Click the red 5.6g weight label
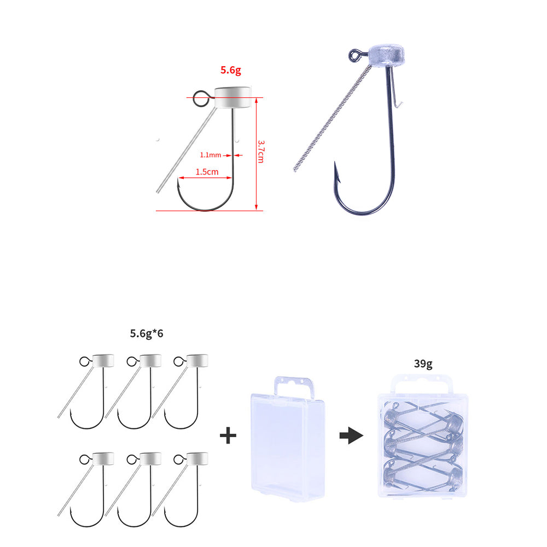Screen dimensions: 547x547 pos(231,70)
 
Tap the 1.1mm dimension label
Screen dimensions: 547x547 pos(211,155)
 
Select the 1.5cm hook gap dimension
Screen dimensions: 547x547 pos(207,172)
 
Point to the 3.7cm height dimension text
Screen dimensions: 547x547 pos(261,152)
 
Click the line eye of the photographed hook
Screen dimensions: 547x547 pos(354,55)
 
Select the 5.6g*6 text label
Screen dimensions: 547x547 pos(147,334)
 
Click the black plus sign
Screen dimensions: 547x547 pos(228,435)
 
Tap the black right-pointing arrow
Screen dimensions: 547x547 pos(351,435)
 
